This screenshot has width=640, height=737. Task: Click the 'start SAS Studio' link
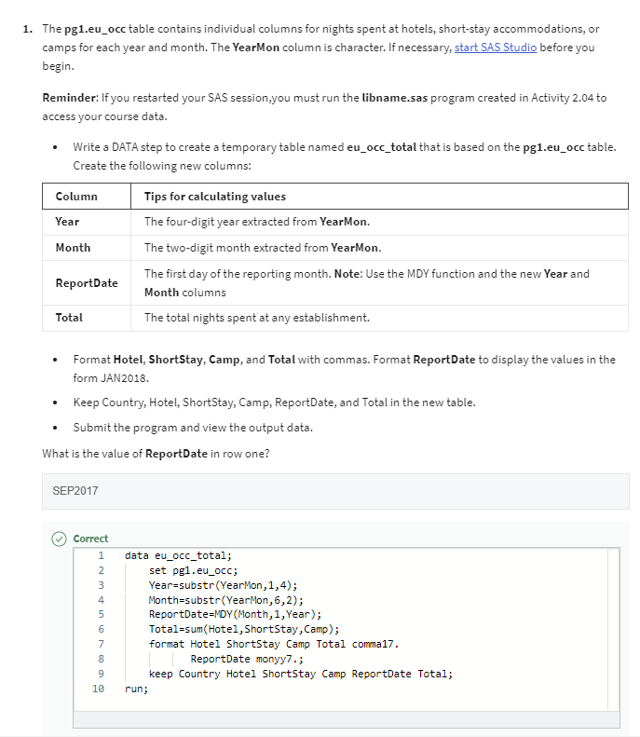tap(495, 48)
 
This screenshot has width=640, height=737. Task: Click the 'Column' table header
tap(76, 196)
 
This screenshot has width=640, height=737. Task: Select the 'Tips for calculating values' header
tap(214, 196)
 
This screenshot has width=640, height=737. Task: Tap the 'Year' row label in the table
tap(67, 222)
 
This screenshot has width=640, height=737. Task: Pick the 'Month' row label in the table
tap(73, 248)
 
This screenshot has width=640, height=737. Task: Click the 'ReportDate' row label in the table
tap(87, 283)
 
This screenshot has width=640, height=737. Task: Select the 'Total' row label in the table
tap(69, 318)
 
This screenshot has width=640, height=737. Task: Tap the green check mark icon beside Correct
tap(59, 539)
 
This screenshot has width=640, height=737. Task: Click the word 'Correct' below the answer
tap(90, 539)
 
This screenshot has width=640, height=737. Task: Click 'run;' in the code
tap(136, 690)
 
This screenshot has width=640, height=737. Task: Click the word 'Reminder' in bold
tap(72, 98)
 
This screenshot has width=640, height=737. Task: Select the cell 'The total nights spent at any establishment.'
tap(256, 318)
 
